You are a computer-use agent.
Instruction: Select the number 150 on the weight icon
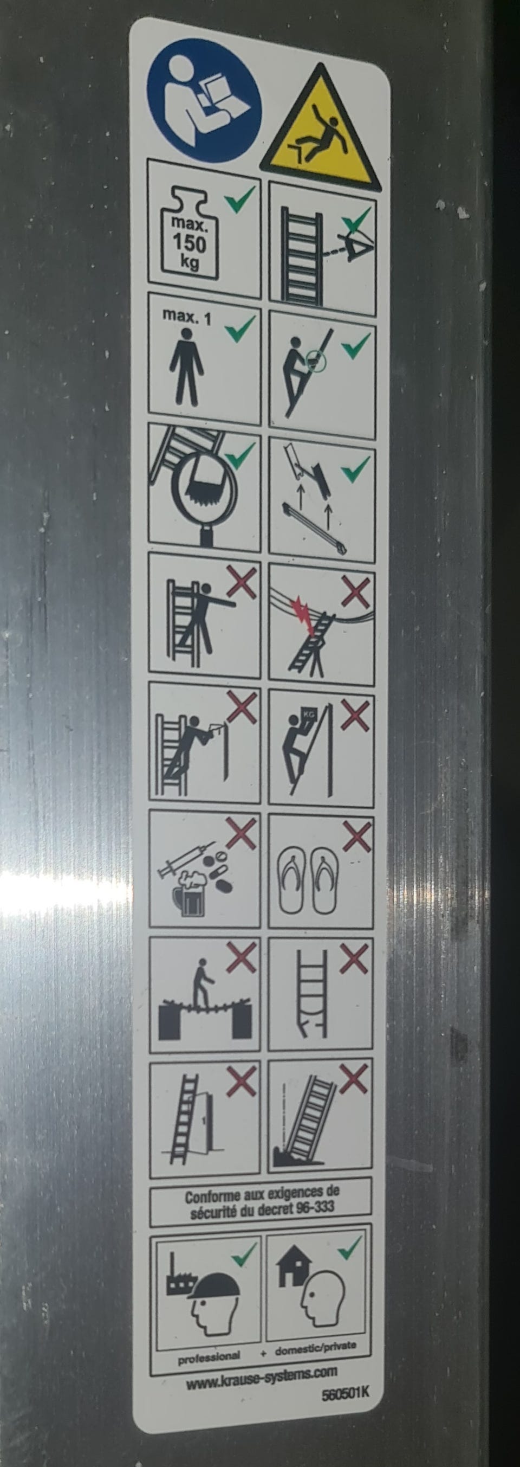pyautogui.click(x=190, y=244)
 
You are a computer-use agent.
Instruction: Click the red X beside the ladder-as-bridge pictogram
pyautogui.click(x=241, y=958)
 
